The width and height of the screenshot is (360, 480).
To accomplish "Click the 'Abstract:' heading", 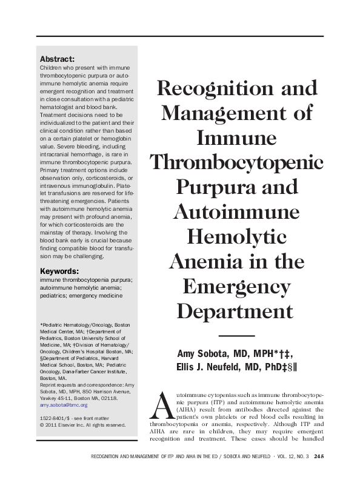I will (57, 59).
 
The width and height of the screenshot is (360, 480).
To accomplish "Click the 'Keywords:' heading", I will (59, 271).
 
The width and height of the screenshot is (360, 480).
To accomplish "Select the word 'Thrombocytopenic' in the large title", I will (236, 162).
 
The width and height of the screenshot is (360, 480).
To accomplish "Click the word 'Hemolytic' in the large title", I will (236, 235).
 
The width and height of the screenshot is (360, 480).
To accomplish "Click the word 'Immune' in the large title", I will (236, 138).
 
